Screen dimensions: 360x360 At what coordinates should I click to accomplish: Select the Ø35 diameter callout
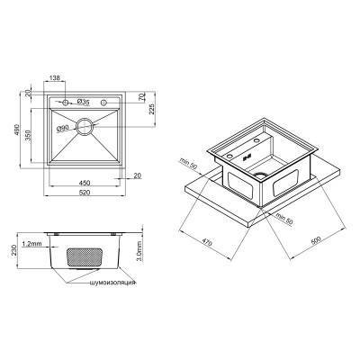pyautogui.click(x=82, y=101)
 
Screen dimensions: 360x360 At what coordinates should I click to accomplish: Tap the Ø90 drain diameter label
pyautogui.click(x=63, y=129)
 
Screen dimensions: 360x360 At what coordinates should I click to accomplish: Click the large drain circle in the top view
pyautogui.click(x=83, y=127)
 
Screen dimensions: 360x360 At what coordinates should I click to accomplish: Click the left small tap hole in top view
pyautogui.click(x=65, y=101)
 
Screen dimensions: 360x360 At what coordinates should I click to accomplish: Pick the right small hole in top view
pyautogui.click(x=104, y=101)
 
